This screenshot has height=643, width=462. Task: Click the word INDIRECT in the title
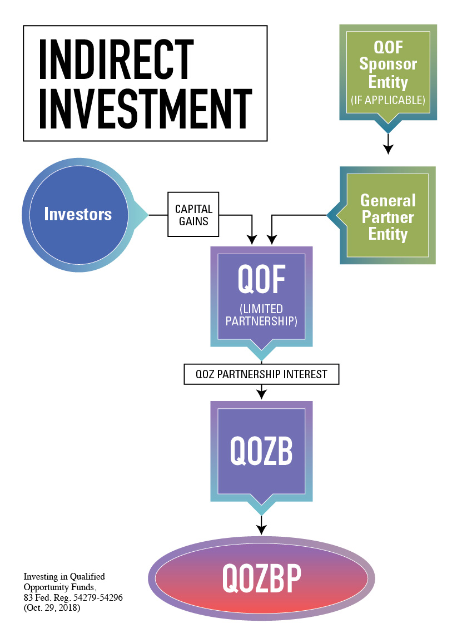tap(116, 59)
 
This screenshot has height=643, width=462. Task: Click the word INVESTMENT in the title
tap(146, 108)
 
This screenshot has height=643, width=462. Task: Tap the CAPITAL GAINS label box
tap(193, 215)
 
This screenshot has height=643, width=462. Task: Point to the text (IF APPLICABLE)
tap(388, 100)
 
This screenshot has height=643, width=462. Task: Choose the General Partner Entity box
tap(382, 215)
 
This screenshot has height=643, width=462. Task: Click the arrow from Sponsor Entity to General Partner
tap(388, 144)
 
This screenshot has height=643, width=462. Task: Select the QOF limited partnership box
tap(261, 299)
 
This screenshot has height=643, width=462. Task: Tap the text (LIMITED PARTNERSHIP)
tap(261, 315)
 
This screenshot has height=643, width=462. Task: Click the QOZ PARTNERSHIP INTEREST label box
tap(261, 374)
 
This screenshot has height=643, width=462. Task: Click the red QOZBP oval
tap(261, 578)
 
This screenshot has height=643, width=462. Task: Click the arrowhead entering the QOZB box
tap(261, 394)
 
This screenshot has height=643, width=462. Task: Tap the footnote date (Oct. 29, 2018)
tap(52, 608)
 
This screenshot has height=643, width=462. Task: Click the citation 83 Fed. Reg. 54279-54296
tap(73, 597)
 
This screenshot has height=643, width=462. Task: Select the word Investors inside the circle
tap(78, 214)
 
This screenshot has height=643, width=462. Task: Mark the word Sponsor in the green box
tap(388, 65)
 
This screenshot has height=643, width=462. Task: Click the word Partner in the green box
tap(388, 217)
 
